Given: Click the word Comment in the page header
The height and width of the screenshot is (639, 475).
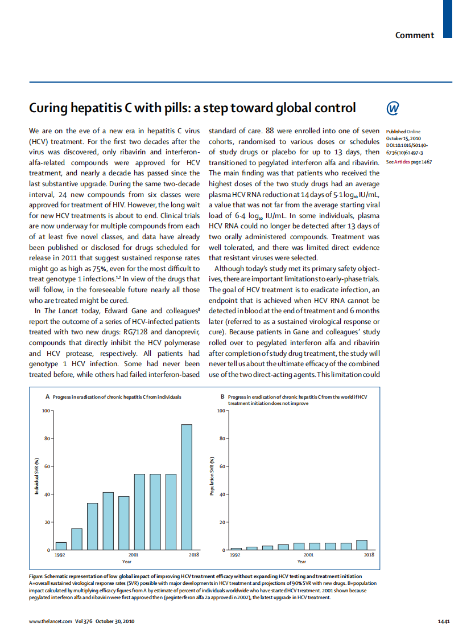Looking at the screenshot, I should coord(415,35).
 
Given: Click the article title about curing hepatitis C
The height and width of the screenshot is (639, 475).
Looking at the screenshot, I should coord(192,108).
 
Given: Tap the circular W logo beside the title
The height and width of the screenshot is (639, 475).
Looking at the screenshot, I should coord(393,108).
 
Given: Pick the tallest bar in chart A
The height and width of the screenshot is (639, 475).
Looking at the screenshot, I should coord(187,487).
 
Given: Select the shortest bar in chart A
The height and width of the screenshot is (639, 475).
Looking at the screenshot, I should coord(61,546).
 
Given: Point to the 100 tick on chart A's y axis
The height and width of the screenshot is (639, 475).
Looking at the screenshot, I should coord(45,411).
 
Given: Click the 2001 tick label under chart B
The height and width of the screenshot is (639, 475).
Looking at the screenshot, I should coord(309,554).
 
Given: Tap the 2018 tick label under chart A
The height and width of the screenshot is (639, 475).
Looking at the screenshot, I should coord(193,554).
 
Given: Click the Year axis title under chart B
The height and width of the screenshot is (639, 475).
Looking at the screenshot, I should coord(301,562).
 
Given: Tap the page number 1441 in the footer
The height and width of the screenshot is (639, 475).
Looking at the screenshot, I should coord(444,621).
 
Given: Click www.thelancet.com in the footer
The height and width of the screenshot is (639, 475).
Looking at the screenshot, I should coord(51,621).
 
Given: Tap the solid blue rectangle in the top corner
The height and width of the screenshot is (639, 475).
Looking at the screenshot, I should coord(448,19).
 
